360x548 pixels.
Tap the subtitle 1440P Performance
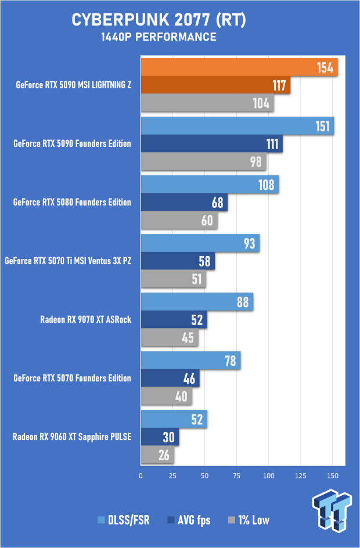tap(159, 37)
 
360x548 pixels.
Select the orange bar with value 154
tap(238, 67)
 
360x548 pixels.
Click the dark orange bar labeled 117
tap(215, 86)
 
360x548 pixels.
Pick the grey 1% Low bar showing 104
tap(207, 104)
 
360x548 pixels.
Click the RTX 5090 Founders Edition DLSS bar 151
tap(237, 127)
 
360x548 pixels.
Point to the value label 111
tap(273, 145)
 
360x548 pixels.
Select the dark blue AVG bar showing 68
tap(183, 203)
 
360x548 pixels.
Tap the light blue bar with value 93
tap(200, 244)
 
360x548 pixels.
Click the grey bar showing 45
tap(170, 338)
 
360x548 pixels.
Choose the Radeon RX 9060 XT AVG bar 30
tap(159, 437)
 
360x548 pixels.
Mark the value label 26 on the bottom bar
tap(164, 456)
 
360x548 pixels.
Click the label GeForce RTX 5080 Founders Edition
tap(72, 203)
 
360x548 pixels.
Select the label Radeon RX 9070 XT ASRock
tap(85, 319)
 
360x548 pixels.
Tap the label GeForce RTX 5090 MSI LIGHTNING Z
tap(74, 85)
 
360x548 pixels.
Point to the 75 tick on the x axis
tap(236, 475)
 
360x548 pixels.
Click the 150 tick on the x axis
tap(332, 475)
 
